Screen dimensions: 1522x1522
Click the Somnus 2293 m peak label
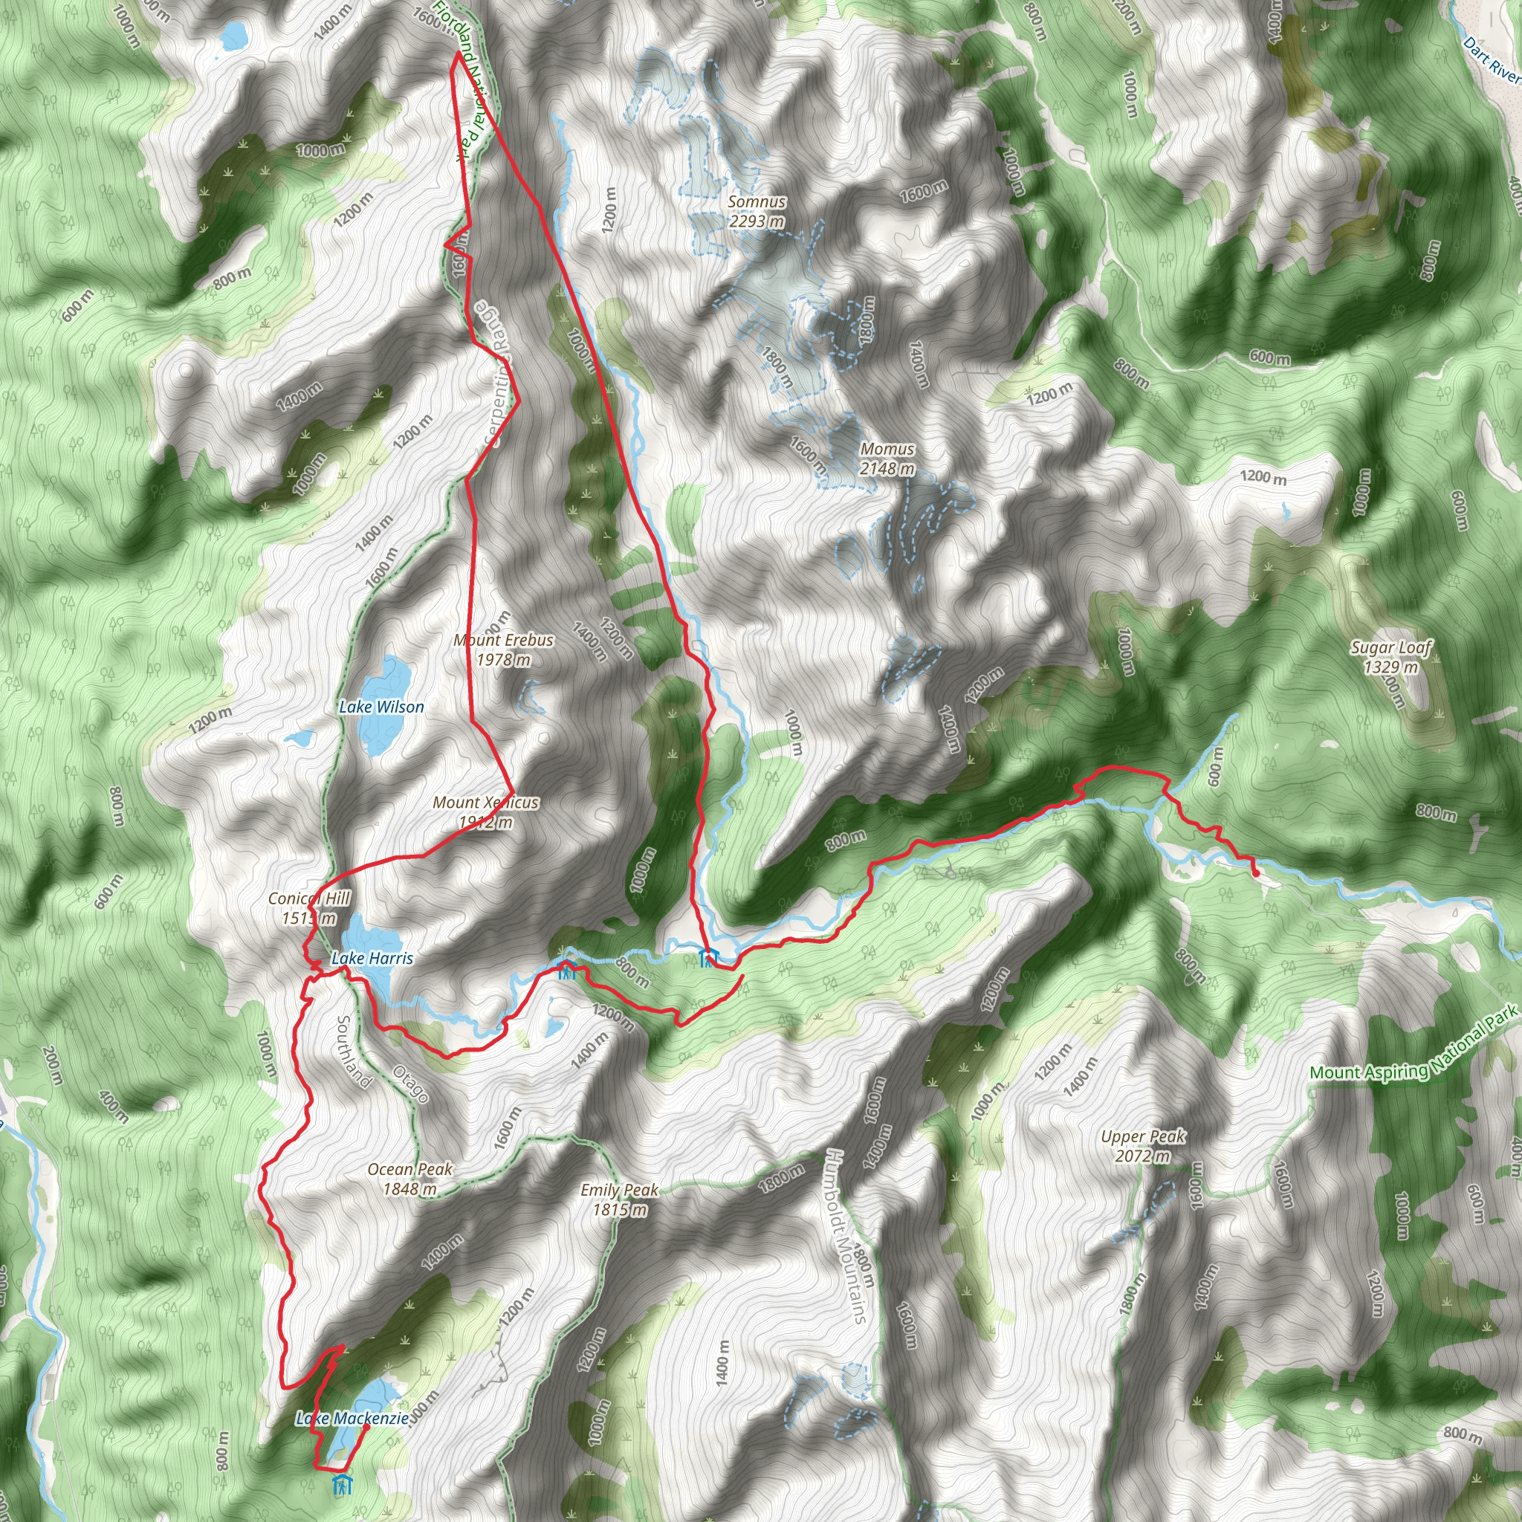pos(757,211)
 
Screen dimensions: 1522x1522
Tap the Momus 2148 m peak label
pos(887,459)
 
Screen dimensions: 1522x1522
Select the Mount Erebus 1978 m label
pos(503,650)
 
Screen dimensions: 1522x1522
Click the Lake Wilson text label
pos(381,707)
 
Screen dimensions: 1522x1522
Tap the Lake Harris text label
pos(372,959)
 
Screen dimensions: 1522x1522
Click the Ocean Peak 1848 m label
pos(409,1179)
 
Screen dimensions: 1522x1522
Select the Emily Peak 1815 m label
pos(619,1199)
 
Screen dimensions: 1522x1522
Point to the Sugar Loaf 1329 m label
pos(1391,657)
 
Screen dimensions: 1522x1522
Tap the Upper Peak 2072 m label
pos(1143,1146)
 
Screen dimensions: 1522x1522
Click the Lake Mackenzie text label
pos(352,1419)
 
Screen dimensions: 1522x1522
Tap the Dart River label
pos(1492,60)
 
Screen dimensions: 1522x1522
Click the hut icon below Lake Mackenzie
pos(342,1485)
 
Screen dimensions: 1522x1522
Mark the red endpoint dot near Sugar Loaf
pos(1256,873)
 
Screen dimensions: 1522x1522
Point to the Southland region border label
pos(354,1052)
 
